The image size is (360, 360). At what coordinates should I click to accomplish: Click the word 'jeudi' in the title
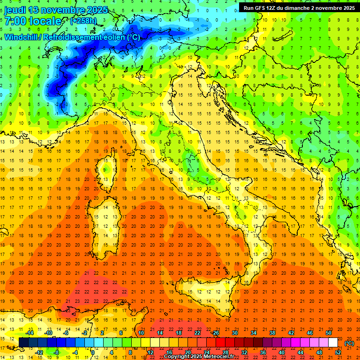(15, 10)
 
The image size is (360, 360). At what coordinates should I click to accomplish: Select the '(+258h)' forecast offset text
(83, 21)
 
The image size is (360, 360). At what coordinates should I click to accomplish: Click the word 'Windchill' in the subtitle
(22, 37)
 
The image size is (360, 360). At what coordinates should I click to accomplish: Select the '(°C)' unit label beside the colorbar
(349, 343)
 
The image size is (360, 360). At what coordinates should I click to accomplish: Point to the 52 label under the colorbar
(338, 352)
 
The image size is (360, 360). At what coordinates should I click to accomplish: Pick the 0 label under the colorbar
(93, 352)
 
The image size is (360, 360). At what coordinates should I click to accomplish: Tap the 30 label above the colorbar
(234, 333)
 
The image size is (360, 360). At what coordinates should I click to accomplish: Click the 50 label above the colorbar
(328, 333)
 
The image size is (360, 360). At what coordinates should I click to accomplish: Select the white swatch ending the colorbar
(333, 343)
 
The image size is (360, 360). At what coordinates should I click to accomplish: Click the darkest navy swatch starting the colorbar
(23, 343)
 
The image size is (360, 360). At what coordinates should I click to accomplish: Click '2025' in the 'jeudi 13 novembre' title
(96, 10)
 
